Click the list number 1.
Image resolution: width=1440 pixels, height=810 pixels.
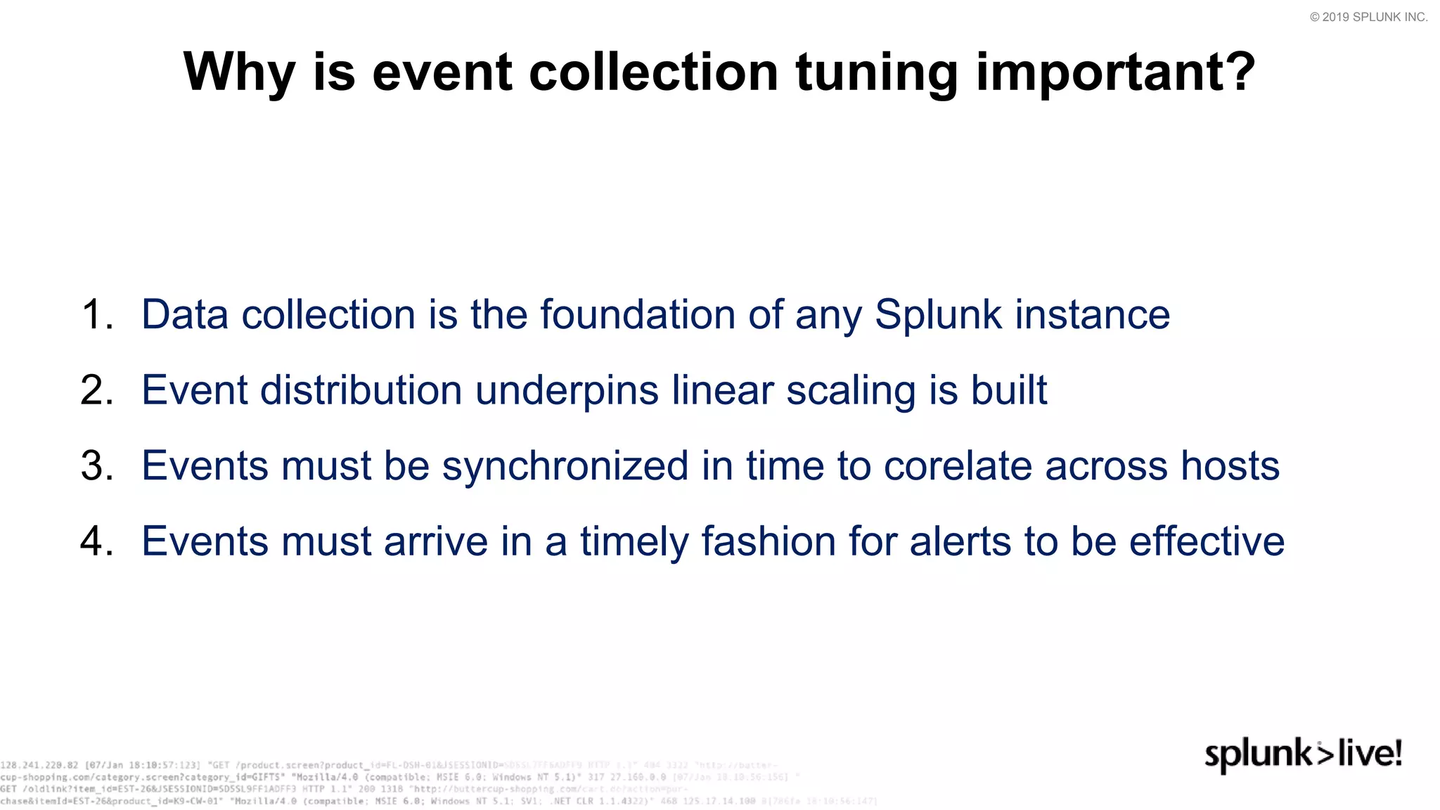tap(96, 314)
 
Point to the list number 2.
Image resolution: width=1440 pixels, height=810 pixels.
tap(96, 390)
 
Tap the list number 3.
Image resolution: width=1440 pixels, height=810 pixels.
tap(96, 466)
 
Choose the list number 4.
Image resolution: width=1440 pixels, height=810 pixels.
tap(96, 542)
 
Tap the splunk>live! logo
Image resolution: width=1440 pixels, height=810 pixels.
tap(1303, 754)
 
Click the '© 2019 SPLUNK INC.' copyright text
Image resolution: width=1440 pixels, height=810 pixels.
tap(1368, 17)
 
